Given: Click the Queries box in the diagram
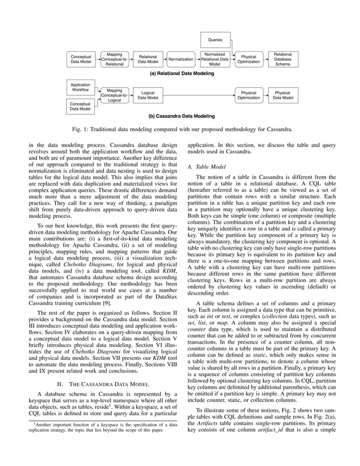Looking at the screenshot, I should pos(216,40).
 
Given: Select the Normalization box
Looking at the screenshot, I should pos(181,59).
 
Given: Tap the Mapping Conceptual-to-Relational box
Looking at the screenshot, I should pos(115,59).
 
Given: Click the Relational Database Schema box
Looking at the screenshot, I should pos(283,59).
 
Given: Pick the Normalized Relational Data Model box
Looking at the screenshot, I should pos(215,59).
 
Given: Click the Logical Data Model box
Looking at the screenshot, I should pos(148,95).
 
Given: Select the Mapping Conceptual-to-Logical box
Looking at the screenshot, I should pos(115,95).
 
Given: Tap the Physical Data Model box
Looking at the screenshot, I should pos(283,95).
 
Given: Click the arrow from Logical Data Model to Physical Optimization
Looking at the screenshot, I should pos(197,95).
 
